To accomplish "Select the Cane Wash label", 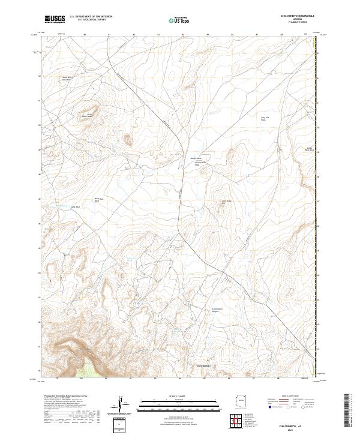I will click(76, 208).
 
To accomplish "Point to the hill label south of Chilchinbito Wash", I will click(227, 202).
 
